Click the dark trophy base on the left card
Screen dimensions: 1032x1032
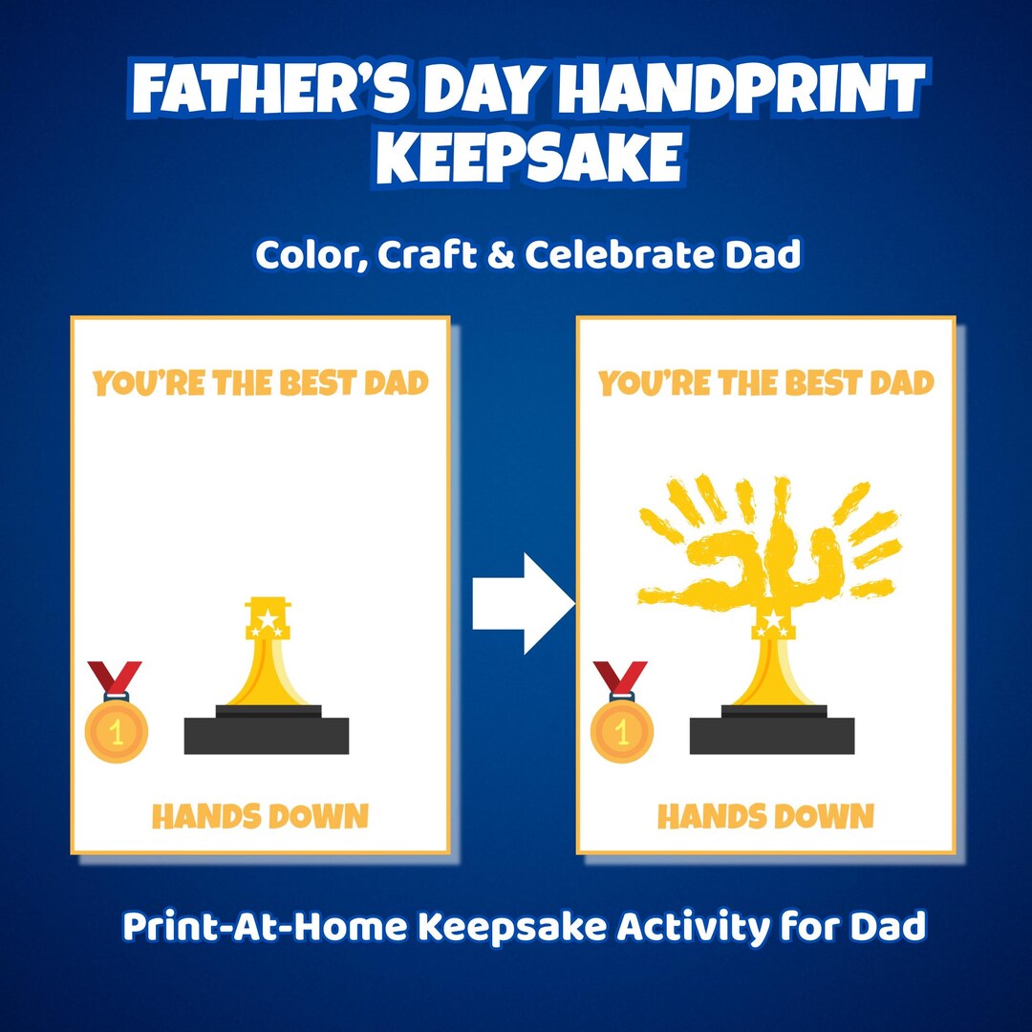266,733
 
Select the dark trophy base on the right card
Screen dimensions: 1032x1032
772,733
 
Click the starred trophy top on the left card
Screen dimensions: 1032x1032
267,619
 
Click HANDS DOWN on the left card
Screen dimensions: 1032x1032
260,817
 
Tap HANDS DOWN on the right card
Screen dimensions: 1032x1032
766,817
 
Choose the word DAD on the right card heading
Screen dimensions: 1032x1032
902,384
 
